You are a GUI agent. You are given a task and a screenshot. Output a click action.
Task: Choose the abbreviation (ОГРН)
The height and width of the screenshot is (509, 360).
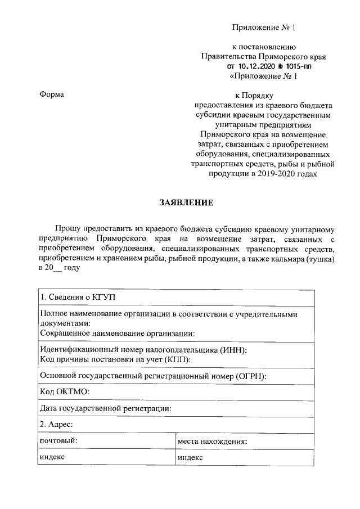tap(247, 376)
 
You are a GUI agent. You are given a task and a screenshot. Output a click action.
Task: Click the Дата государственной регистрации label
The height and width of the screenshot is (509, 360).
tap(105, 408)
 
